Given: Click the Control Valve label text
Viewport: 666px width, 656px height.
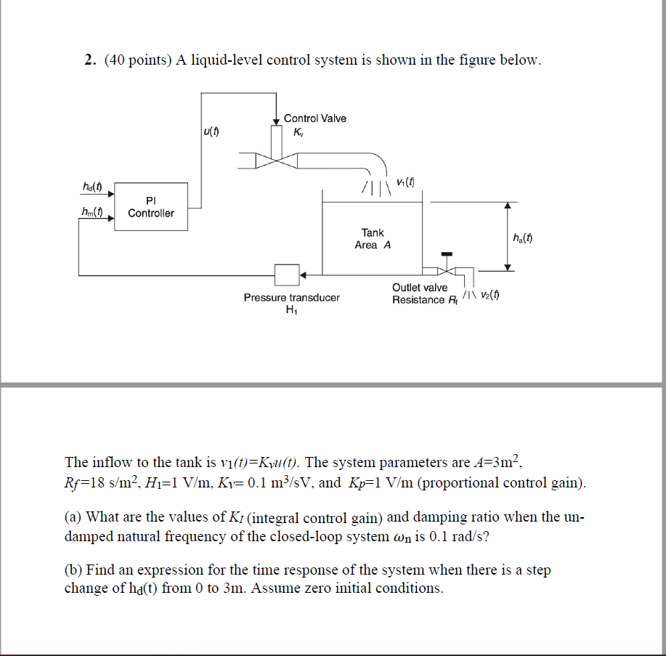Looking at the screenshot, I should point(314,118).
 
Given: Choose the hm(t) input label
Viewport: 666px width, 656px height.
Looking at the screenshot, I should point(92,212).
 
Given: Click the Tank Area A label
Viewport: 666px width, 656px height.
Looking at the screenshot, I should point(373,239).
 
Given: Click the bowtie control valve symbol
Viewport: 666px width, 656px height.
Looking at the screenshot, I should point(276,159).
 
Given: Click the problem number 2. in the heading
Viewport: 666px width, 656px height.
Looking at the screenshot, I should point(89,60).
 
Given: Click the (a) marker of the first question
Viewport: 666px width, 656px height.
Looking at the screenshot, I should point(72,517).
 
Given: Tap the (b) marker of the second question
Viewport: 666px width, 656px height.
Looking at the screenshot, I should point(72,570).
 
